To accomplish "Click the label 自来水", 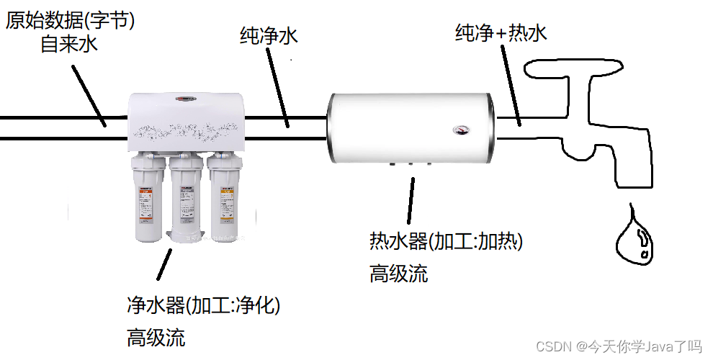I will [x=68, y=44].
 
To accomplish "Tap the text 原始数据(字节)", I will [x=70, y=20].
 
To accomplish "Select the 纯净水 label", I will [x=268, y=37].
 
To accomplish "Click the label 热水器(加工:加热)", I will [x=446, y=241].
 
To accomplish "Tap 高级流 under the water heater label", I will [x=398, y=274].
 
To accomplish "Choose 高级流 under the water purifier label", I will [x=156, y=337].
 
